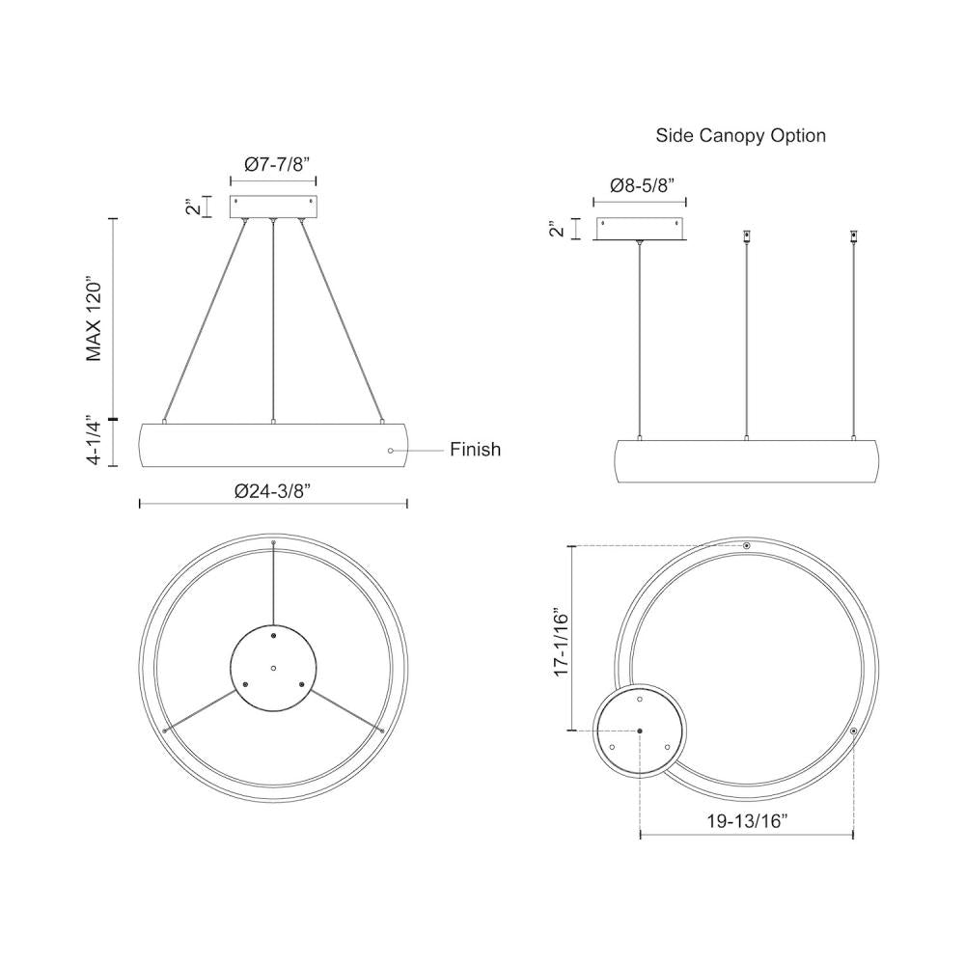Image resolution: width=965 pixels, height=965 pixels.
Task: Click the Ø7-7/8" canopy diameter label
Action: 273,165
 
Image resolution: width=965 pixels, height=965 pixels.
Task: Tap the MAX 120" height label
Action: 94,319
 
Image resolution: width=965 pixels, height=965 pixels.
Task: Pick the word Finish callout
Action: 476,450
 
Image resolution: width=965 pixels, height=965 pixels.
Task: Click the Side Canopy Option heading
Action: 740,135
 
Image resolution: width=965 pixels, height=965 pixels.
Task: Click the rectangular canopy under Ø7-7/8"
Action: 273,207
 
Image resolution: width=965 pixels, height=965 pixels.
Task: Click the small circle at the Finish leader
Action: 391,450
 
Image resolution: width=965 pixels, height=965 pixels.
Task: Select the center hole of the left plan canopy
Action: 273,668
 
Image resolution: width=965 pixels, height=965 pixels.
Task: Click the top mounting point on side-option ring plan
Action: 747,546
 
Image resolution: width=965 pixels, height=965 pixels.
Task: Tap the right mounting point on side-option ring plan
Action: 854,732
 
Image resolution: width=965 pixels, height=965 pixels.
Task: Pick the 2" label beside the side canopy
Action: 554,229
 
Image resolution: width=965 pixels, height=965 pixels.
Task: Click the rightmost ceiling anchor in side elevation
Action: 852,235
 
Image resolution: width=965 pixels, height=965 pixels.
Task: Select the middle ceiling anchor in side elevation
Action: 746,235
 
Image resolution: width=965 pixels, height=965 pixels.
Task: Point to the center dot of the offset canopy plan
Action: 640,731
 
